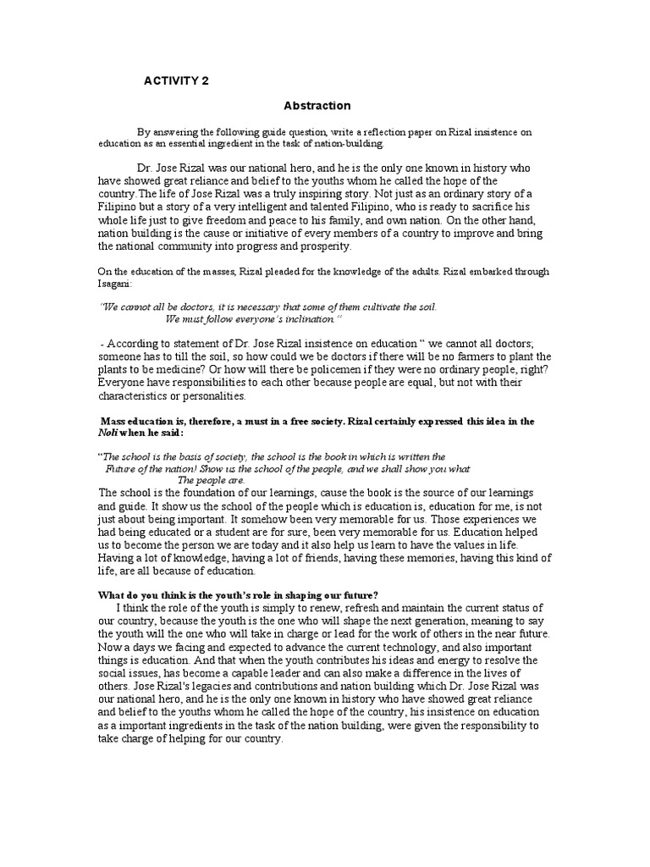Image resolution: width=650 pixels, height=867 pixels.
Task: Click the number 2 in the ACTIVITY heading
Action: point(203,81)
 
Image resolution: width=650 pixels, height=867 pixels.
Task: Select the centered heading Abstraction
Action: point(317,106)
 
